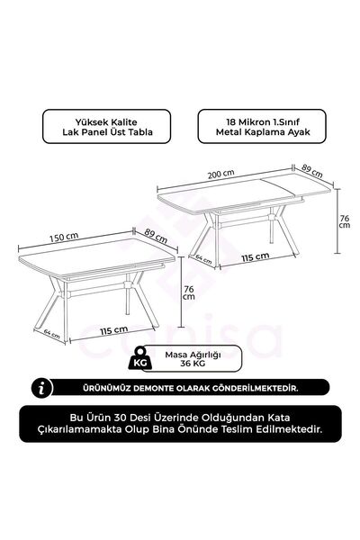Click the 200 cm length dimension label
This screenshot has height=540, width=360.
pyautogui.click(x=221, y=174)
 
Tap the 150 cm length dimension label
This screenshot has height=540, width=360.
pyautogui.click(x=64, y=238)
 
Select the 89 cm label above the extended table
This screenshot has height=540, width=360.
pyautogui.click(x=312, y=170)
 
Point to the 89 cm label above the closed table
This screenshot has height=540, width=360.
pyautogui.click(x=156, y=236)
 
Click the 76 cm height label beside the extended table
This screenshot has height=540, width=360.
pyautogui.click(x=345, y=221)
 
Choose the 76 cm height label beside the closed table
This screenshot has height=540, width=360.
pyautogui.click(x=189, y=292)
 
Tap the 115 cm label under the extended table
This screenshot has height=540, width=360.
pyautogui.click(x=256, y=256)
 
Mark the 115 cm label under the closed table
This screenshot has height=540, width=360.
pyautogui.click(x=114, y=330)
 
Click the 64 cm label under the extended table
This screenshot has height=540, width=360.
pyautogui.click(x=203, y=258)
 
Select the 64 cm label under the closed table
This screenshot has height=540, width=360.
pyautogui.click(x=51, y=333)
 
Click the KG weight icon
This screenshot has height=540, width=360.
pyautogui.click(x=139, y=358)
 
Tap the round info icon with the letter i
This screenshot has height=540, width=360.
pyautogui.click(x=42, y=388)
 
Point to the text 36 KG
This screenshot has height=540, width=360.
pyautogui.click(x=193, y=364)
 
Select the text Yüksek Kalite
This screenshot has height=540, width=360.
pyautogui.click(x=106, y=121)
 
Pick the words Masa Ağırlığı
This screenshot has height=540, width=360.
pyautogui.click(x=193, y=355)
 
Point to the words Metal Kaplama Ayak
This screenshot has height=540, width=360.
pyautogui.click(x=263, y=132)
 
